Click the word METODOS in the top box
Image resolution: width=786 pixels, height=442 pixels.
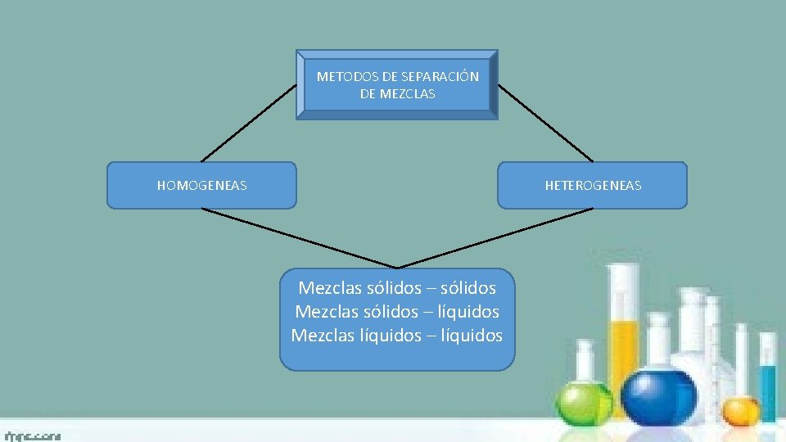tap(342, 77)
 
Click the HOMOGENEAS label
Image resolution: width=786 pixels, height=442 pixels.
tap(201, 186)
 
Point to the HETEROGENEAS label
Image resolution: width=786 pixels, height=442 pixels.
tap(593, 186)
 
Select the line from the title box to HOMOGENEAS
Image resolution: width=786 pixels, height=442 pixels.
tap(249, 122)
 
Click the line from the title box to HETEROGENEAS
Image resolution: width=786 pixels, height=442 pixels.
tap(545, 122)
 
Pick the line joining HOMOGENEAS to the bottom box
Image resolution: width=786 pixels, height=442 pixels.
tap(300, 238)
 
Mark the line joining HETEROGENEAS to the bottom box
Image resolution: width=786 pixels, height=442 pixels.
tap(495, 238)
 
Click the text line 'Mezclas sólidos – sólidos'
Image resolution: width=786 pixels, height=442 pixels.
tap(397, 288)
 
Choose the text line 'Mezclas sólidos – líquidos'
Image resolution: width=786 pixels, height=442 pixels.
tap(397, 312)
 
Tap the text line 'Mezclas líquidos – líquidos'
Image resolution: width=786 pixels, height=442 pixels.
tap(397, 336)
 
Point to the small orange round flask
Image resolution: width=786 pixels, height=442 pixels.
tap(740, 408)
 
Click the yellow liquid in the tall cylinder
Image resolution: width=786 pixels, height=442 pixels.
tap(624, 352)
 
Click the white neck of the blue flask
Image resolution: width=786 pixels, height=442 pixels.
tap(658, 340)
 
